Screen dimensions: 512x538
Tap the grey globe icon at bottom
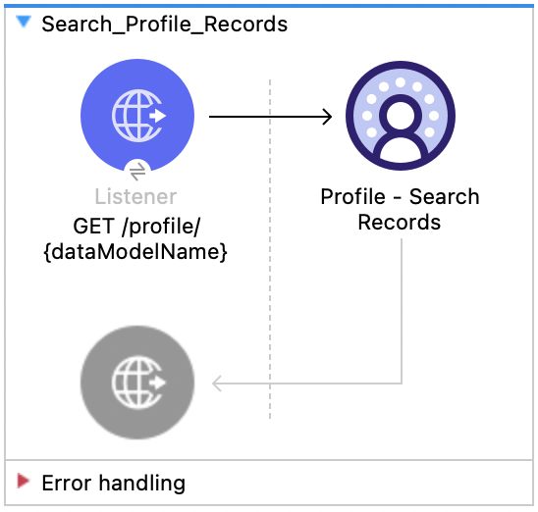pos(137,381)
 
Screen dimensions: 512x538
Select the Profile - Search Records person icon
pos(400,117)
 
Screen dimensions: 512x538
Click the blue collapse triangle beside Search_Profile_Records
pos(24,23)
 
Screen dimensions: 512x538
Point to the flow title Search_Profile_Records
pos(164,24)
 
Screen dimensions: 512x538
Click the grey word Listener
pos(136,196)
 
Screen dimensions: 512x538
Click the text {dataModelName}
pos(136,251)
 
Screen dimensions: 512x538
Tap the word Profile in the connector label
pos(350,196)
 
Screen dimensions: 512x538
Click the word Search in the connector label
pos(444,196)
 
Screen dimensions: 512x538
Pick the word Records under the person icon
pos(399,223)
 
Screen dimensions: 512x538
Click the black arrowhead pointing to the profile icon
pos(328,117)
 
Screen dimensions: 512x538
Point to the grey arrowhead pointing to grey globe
pos(219,383)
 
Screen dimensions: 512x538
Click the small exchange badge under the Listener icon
pos(137,169)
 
